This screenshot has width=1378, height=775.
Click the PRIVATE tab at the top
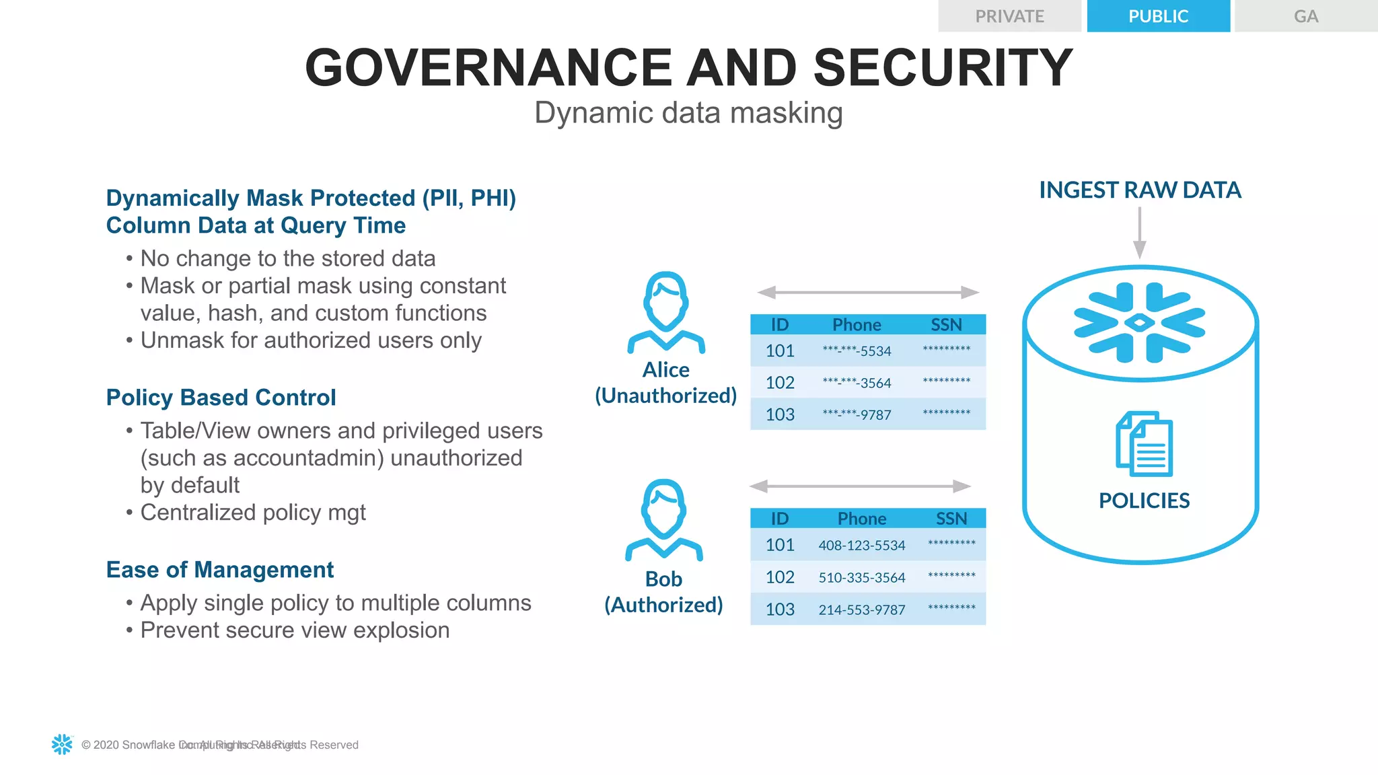[1009, 16]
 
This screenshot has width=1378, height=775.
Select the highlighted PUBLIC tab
[1158, 16]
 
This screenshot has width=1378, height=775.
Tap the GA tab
[1305, 16]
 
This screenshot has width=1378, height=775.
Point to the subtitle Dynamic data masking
[688, 113]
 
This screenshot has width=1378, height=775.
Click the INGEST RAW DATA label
[1140, 190]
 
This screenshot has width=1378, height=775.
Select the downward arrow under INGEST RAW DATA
[1139, 233]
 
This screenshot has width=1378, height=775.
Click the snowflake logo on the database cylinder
[1139, 323]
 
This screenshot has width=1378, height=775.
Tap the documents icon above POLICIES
[1144, 444]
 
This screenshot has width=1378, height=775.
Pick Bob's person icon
[664, 519]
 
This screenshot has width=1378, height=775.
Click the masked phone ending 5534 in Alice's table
[857, 351]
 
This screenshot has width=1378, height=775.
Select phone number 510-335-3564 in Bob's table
[861, 577]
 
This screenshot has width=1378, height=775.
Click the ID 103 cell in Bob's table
[780, 610]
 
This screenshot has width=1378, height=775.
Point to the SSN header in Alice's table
[946, 325]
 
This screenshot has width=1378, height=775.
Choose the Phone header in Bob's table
[861, 519]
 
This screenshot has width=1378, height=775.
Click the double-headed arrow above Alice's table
[868, 293]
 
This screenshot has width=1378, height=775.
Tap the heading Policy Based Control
[221, 398]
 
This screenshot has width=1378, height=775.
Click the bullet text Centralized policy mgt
[253, 513]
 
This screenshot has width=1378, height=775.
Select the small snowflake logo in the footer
[62, 744]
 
